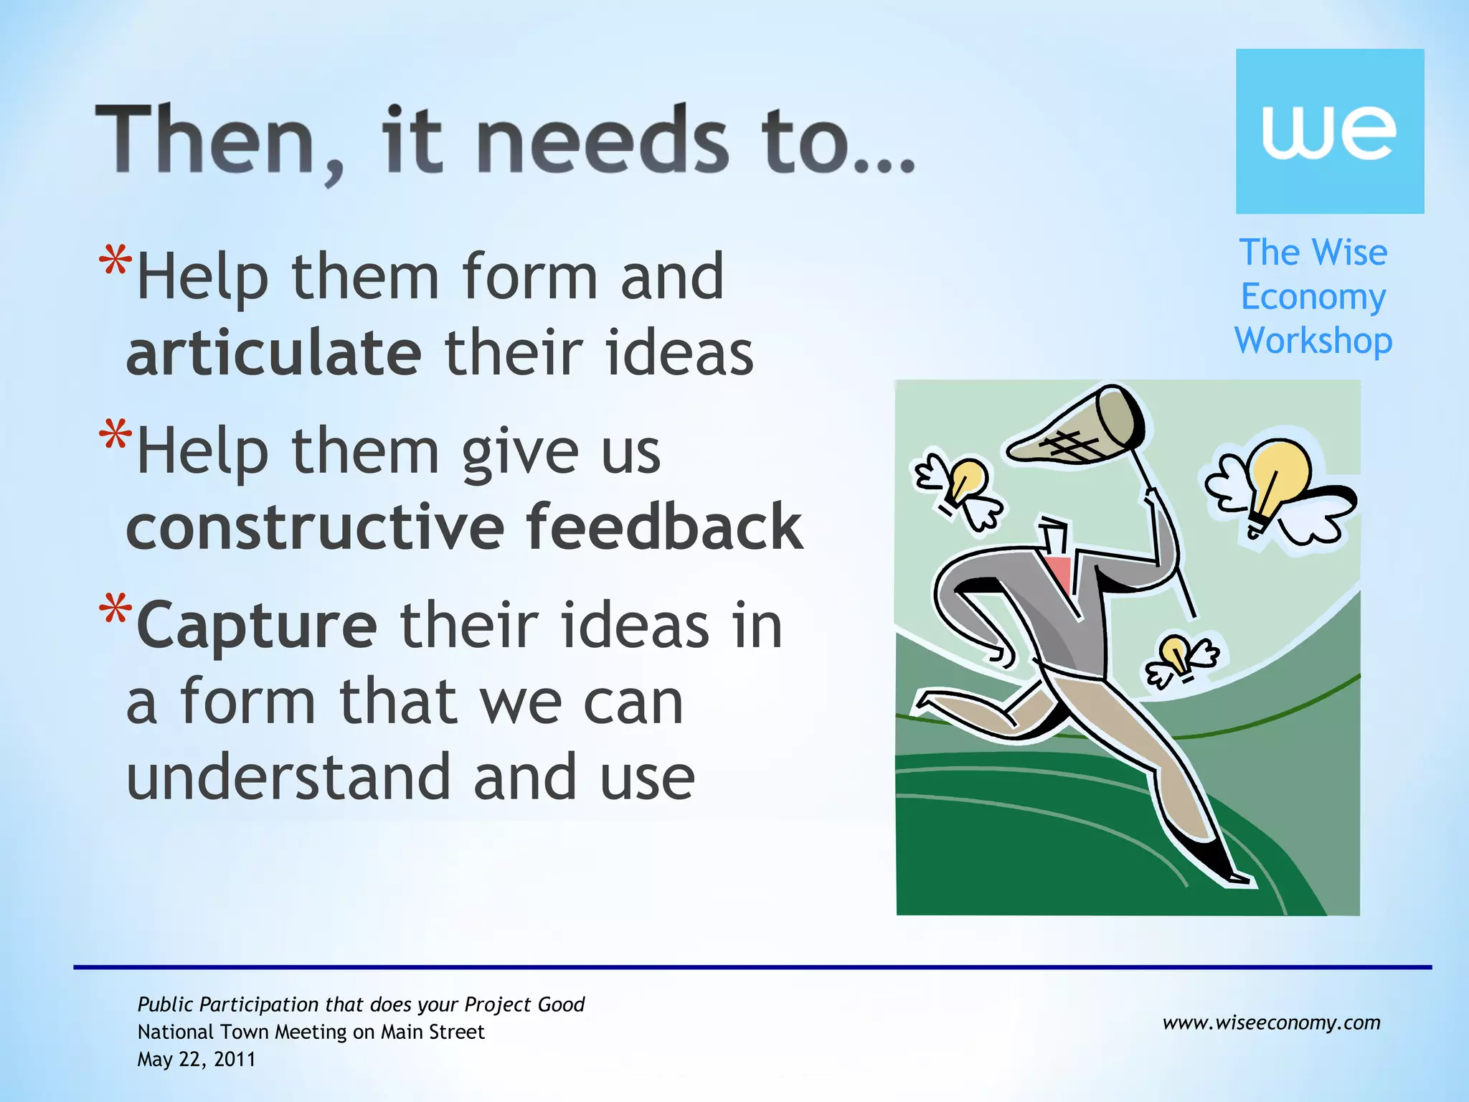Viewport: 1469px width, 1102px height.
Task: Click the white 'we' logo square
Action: (x=1329, y=131)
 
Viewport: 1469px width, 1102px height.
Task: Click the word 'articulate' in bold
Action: (x=273, y=353)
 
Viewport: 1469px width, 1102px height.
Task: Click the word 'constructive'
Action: (x=316, y=527)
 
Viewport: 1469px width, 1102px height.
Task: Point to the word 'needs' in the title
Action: (x=602, y=141)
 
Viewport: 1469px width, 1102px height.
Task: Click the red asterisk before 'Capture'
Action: (x=115, y=610)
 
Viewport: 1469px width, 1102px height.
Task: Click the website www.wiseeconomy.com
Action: (x=1271, y=1022)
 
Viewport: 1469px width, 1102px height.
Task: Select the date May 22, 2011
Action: (x=197, y=1059)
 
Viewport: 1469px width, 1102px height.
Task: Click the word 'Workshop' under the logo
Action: (x=1313, y=341)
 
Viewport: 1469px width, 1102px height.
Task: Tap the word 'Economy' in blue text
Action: (x=1313, y=297)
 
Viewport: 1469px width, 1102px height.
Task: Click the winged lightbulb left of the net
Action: (x=961, y=488)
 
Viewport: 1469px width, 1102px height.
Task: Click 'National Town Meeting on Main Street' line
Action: (x=311, y=1032)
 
